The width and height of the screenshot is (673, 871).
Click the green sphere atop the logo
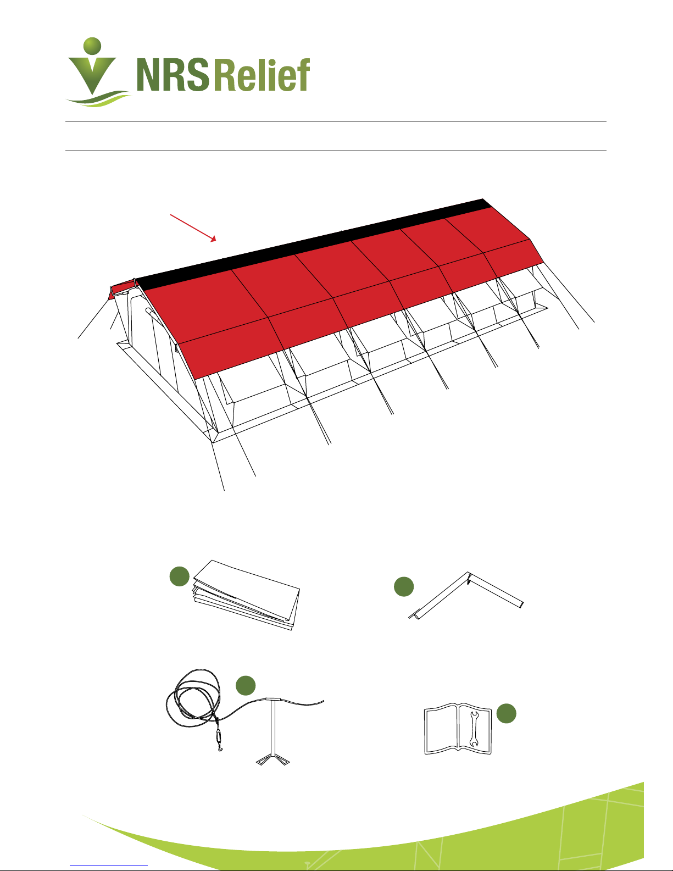pyautogui.click(x=92, y=45)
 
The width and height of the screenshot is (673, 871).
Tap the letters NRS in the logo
pyautogui.click(x=173, y=75)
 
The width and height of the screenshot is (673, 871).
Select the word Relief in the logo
pyautogui.click(x=263, y=75)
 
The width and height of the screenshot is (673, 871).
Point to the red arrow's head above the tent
pyautogui.click(x=214, y=239)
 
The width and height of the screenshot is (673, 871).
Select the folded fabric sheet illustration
pyautogui.click(x=246, y=595)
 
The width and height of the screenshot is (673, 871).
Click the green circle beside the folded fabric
pyautogui.click(x=180, y=576)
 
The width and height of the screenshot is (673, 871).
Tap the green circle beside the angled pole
pyautogui.click(x=404, y=587)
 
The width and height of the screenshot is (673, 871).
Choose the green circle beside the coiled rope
pyautogui.click(x=246, y=685)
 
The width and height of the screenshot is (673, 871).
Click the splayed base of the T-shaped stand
pyautogui.click(x=273, y=760)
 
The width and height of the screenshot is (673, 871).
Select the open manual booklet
pyautogui.click(x=458, y=729)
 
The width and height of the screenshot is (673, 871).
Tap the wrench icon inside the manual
pyautogui.click(x=474, y=729)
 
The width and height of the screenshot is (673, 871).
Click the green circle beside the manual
pyautogui.click(x=507, y=713)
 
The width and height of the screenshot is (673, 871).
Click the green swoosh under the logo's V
pyautogui.click(x=98, y=99)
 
